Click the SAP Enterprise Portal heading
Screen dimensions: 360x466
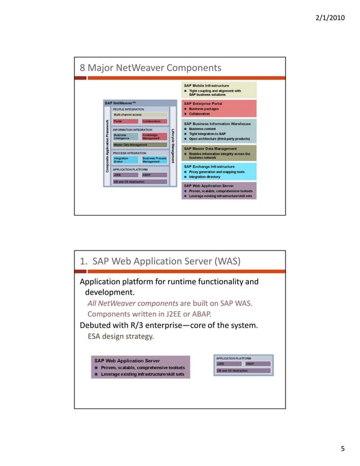(203, 103)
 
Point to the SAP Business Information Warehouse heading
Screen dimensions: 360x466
(217, 123)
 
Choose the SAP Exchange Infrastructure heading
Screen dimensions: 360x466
(209, 166)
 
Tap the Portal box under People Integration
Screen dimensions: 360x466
(125, 121)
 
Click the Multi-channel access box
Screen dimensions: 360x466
(140, 115)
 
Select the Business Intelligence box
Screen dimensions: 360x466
(125, 137)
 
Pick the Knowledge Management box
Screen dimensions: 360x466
(154, 137)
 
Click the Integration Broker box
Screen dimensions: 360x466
(125, 160)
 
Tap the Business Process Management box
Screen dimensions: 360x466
(154, 160)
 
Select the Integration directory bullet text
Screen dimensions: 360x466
(205, 177)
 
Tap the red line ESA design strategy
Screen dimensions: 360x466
(121, 337)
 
